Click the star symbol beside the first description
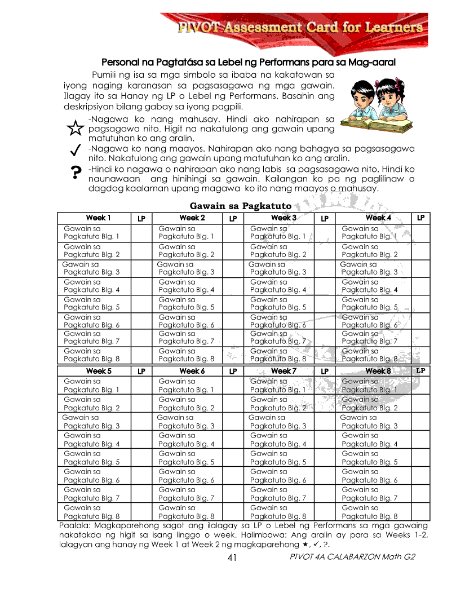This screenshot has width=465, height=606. (74, 129)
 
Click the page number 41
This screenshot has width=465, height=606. (232, 558)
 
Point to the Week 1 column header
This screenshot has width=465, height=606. (98, 218)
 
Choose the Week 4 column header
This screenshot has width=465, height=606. (378, 218)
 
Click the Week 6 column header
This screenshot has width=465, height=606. (192, 371)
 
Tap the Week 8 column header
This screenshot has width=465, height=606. (378, 371)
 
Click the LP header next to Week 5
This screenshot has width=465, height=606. (141, 371)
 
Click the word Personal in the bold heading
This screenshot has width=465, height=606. (119, 61)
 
